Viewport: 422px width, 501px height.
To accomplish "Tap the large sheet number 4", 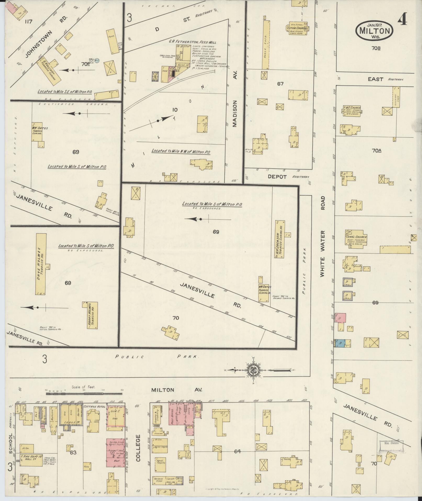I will point(402,19).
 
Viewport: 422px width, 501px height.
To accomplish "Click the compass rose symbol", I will point(255,370).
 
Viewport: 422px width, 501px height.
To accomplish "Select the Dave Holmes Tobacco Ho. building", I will point(41,265).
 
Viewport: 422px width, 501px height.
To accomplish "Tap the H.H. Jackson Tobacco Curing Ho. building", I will point(279,239).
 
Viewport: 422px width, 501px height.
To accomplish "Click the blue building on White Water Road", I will point(341,343).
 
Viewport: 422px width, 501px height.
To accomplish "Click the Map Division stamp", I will point(391,443).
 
